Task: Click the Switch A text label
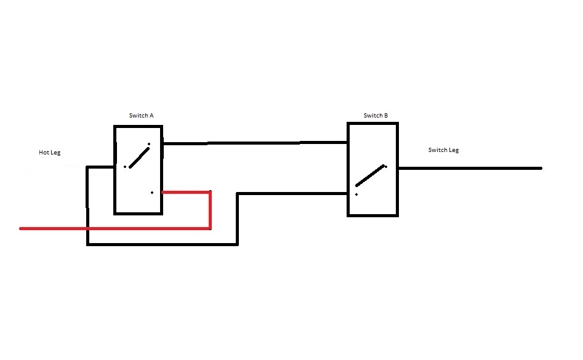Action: click(141, 116)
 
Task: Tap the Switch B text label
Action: click(376, 116)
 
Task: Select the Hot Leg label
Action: click(50, 153)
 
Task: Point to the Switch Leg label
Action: click(443, 150)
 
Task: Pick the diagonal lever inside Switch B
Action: click(371, 175)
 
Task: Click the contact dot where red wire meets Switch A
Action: click(152, 193)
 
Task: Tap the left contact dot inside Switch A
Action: click(125, 167)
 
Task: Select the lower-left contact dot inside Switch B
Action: click(356, 194)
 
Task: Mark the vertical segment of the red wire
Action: click(211, 210)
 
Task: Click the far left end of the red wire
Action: click(22, 228)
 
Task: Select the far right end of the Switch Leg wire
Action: click(540, 168)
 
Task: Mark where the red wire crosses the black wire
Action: click(88, 228)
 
